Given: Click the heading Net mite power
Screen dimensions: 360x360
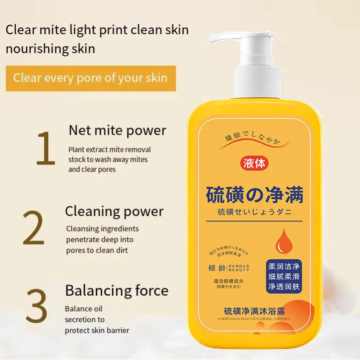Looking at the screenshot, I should [x=117, y=130].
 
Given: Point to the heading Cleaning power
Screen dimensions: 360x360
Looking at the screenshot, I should [x=114, y=211].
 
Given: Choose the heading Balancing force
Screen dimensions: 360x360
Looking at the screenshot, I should [x=116, y=290].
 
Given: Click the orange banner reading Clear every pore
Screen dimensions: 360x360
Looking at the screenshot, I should [x=90, y=78].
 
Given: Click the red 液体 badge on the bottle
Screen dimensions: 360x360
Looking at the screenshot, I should [x=254, y=164].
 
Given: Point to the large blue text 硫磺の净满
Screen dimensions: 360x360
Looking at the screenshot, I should [x=254, y=195].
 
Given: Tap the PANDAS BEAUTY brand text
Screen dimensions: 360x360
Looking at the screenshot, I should [x=239, y=268].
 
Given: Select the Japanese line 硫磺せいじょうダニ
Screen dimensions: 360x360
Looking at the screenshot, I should [x=254, y=213].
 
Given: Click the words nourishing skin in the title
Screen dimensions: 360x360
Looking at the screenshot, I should [x=50, y=49].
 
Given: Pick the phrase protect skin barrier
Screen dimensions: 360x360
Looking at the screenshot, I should [x=97, y=330].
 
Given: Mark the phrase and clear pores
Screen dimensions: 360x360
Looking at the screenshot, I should [x=92, y=169].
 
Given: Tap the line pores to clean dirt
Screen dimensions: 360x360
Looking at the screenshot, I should [x=97, y=250].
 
